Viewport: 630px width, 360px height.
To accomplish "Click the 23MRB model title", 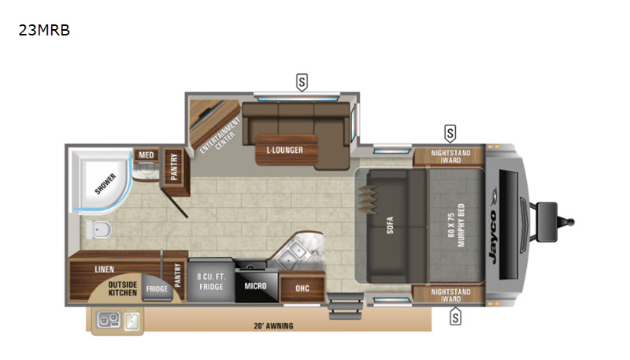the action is (44, 30).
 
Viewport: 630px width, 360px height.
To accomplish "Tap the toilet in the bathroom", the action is (99, 229).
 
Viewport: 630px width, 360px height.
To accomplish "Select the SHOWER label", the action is (106, 184).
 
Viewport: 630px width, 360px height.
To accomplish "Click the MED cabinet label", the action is (146, 155).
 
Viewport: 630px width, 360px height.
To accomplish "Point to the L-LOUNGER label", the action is (285, 150).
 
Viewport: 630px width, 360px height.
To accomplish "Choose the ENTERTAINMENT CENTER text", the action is (220, 136).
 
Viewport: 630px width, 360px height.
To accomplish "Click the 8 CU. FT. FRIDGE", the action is (211, 282).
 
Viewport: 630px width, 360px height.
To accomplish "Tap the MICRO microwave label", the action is (255, 286).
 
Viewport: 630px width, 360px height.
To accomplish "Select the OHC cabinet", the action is (302, 288).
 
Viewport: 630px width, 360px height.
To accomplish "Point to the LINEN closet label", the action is (105, 269).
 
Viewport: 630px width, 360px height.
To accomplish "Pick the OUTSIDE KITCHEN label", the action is (123, 288).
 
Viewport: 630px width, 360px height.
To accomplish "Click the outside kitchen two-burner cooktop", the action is (109, 320).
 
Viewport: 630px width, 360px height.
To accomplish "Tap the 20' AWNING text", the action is (273, 326).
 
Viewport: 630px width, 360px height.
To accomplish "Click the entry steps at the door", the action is (345, 306).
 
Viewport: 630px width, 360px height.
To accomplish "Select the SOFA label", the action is (390, 225).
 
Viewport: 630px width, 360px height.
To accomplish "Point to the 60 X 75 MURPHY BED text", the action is (456, 225).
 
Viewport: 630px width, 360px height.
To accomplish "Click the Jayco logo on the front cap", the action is (494, 225).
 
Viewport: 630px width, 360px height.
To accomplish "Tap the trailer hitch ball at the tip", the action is (569, 222).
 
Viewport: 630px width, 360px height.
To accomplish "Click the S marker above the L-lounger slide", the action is (302, 83).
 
